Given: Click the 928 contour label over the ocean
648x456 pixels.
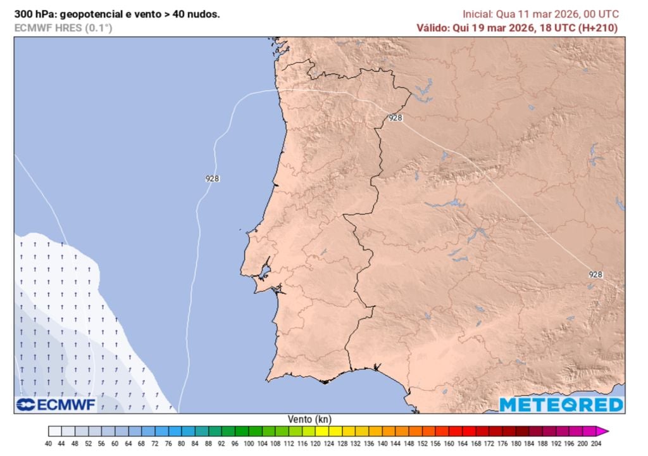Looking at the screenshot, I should click(213, 179).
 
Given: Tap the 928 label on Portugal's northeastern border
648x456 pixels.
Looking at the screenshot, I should click(396, 118).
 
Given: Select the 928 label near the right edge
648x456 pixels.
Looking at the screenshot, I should click(595, 274).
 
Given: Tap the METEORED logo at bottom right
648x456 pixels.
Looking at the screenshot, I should click(561, 405).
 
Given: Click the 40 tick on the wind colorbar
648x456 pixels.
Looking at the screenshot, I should click(49, 444).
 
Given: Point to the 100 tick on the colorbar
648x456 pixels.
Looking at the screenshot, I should click(248, 444).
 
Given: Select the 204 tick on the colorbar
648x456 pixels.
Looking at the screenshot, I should click(595, 444).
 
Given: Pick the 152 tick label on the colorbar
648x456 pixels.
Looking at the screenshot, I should click(421, 444).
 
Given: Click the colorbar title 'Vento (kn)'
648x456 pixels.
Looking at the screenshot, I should click(309, 419).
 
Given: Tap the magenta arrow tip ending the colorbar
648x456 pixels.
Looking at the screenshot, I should click(604, 431).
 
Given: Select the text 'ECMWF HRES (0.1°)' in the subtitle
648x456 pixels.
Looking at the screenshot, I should click(63, 28).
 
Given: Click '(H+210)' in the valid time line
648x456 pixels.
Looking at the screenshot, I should click(598, 28).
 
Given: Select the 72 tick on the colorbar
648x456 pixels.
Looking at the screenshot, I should click(155, 444).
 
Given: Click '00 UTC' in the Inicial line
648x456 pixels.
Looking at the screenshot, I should click(602, 14).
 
